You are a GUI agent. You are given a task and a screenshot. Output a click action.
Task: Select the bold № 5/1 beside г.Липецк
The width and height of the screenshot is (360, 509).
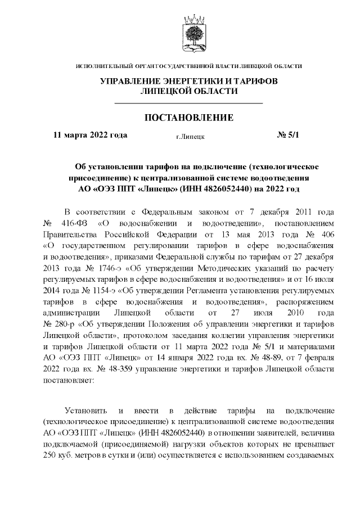coord(290,135)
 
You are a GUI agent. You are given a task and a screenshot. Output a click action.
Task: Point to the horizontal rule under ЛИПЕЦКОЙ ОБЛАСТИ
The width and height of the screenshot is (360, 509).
coord(188,104)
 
